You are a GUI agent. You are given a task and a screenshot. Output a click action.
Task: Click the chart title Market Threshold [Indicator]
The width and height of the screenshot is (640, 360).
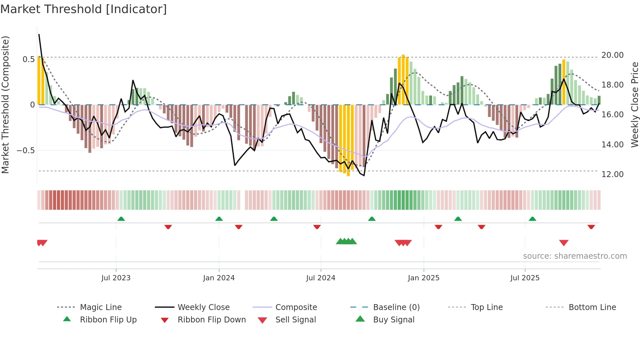click(83, 9)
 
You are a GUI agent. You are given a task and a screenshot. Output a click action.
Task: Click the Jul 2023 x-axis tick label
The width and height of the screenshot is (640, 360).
click(116, 278)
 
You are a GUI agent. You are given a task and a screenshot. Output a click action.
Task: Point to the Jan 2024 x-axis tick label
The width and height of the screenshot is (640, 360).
click(219, 278)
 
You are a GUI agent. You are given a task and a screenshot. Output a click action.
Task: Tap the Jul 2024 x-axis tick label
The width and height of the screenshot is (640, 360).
click(321, 278)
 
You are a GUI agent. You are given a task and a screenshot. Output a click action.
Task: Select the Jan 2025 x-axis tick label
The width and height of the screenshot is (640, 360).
click(424, 278)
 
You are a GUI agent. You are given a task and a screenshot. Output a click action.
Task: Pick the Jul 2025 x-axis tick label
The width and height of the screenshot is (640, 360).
click(525, 278)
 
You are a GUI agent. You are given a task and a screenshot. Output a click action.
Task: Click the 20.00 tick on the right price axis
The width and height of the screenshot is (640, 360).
click(612, 55)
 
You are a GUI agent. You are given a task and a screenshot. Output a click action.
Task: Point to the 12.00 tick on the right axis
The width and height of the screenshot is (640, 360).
click(612, 174)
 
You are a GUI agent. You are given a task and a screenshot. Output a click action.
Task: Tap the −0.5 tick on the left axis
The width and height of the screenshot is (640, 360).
click(25, 151)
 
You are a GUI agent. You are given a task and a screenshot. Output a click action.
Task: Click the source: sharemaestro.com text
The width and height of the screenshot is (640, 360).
click(575, 256)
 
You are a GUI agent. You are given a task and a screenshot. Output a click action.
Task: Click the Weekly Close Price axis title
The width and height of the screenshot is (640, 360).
click(634, 105)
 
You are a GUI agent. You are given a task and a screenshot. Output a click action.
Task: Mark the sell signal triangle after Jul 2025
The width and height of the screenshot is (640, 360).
click(564, 242)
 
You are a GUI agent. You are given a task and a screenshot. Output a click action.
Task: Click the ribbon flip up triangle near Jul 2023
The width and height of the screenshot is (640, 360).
click(121, 219)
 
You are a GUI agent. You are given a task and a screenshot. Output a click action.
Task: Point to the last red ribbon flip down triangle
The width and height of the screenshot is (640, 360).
click(591, 227)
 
